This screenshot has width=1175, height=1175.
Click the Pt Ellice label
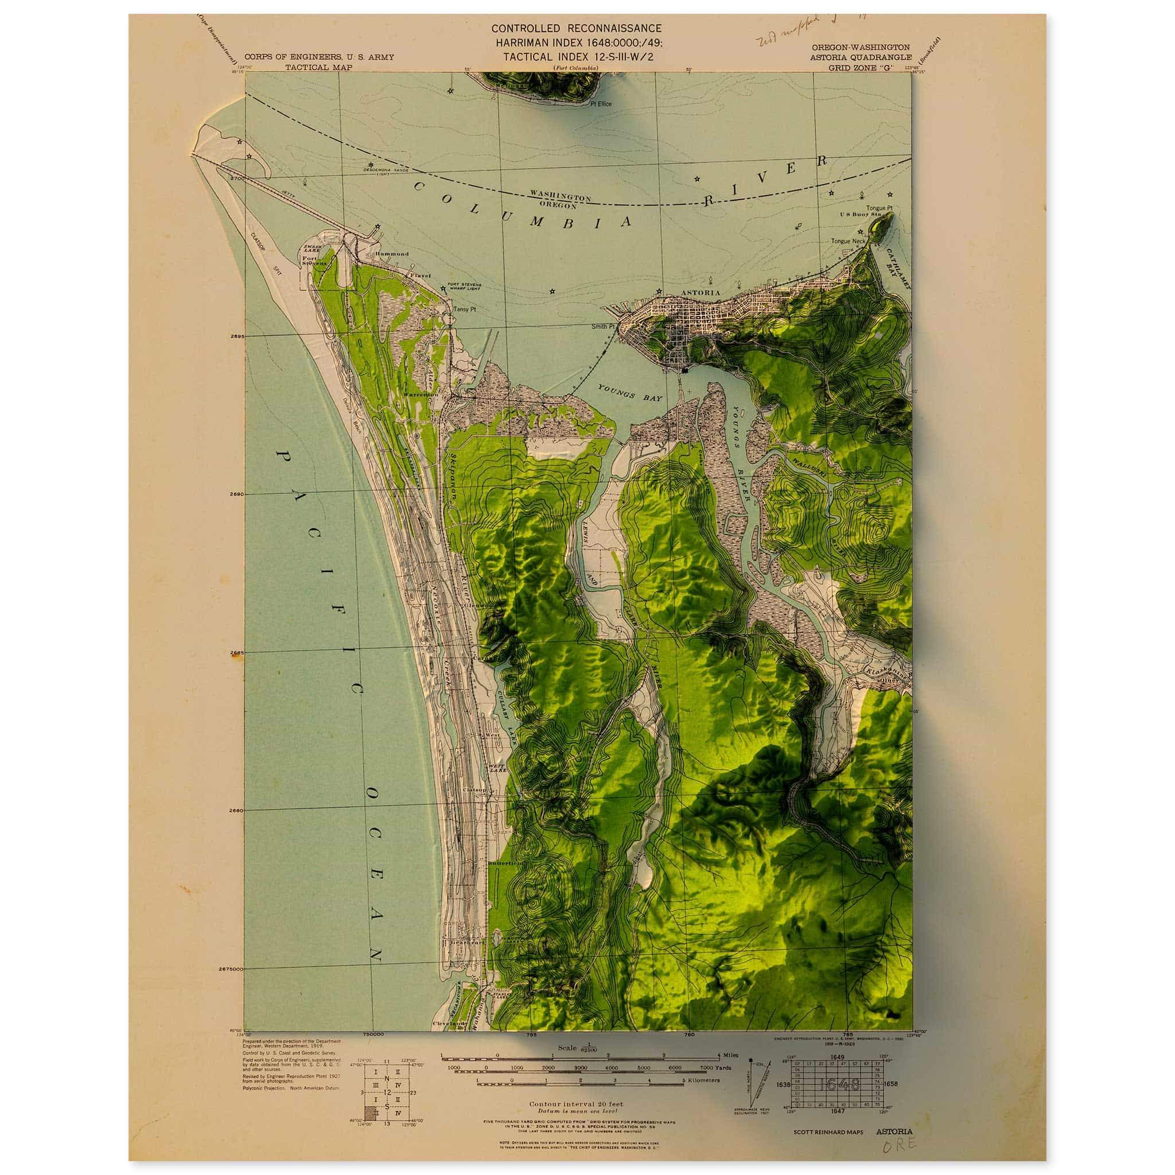(x=600, y=104)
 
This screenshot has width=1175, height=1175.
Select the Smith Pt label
(x=604, y=326)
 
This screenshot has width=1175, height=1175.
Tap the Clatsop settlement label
(x=475, y=790)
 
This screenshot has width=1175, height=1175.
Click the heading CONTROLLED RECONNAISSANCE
(x=576, y=28)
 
